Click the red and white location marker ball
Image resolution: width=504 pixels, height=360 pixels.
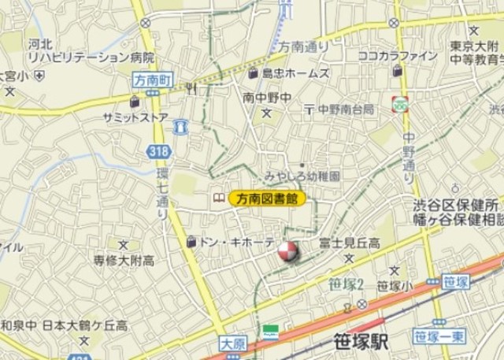(287, 252)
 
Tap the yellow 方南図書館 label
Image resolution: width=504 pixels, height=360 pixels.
(267, 199)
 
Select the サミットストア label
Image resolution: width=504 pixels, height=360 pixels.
(135, 117)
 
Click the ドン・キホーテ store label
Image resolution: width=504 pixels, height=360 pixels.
(237, 242)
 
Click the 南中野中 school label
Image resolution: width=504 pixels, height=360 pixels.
(268, 98)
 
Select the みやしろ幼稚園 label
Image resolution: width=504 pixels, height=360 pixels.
(302, 176)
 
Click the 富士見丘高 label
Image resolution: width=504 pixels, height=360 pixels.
(349, 243)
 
